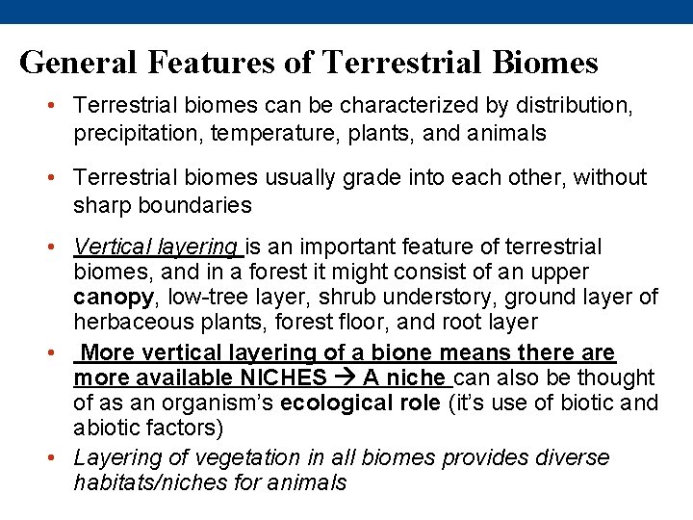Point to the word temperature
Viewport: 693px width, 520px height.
coord(259,133)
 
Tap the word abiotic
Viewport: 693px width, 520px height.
coord(105,428)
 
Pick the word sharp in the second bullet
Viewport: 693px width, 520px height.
coord(101,204)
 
